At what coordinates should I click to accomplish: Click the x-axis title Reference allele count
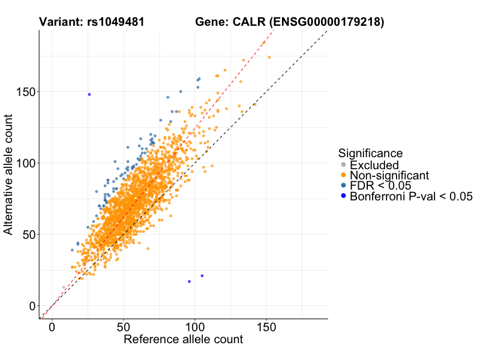pos(183,340)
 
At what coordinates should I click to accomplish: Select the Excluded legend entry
pos(374,165)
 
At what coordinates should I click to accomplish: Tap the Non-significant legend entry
pos(389,175)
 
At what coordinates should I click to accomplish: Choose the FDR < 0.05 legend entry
pos(380,185)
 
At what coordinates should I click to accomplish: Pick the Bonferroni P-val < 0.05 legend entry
pos(412,196)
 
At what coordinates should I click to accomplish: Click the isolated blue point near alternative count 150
pos(89,94)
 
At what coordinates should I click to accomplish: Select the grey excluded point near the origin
pos(64,287)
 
